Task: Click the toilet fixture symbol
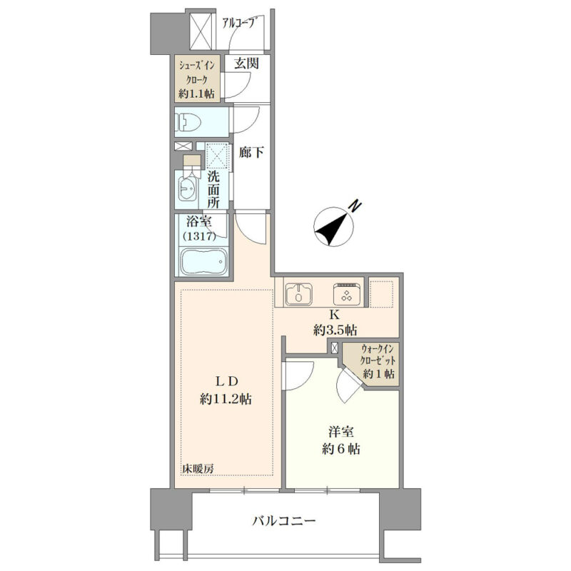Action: tap(187, 121)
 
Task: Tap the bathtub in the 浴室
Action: tap(204, 261)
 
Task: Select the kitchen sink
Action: tap(298, 294)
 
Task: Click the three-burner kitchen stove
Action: tap(347, 293)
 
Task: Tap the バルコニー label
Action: tap(284, 521)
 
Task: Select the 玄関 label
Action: tap(246, 64)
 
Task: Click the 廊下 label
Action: tap(251, 152)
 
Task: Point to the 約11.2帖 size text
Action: tap(226, 400)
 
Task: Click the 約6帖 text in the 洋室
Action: tap(341, 449)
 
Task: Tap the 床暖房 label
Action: tap(198, 470)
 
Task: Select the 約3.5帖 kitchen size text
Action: tap(335, 330)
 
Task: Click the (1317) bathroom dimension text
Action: tap(200, 236)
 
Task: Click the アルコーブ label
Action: tap(238, 24)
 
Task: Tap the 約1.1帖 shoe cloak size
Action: tap(196, 94)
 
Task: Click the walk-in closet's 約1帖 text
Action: tap(379, 373)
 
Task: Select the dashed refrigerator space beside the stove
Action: tap(381, 293)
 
